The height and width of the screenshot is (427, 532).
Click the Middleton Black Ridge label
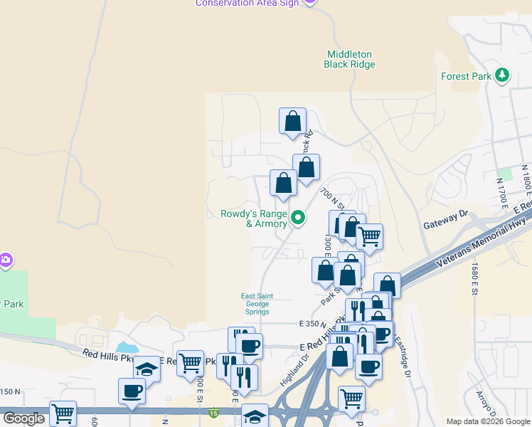tap(349, 59)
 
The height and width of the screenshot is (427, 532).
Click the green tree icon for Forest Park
tap(503, 75)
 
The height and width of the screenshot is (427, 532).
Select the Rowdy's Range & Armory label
tap(254, 218)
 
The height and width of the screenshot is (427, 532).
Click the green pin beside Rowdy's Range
tap(299, 218)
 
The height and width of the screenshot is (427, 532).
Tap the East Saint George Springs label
tap(255, 304)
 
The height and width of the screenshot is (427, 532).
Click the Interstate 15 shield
tap(213, 412)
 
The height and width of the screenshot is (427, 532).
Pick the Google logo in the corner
tap(23, 418)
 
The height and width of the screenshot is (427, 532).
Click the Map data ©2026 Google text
tap(487, 421)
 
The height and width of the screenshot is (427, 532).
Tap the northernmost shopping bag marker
tap(292, 122)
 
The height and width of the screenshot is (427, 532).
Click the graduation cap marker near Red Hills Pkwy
tap(147, 370)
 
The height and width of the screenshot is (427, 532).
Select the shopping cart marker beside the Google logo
tap(63, 413)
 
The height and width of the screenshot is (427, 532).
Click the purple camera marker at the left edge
tap(5, 260)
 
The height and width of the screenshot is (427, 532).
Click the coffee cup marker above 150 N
tap(132, 391)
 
